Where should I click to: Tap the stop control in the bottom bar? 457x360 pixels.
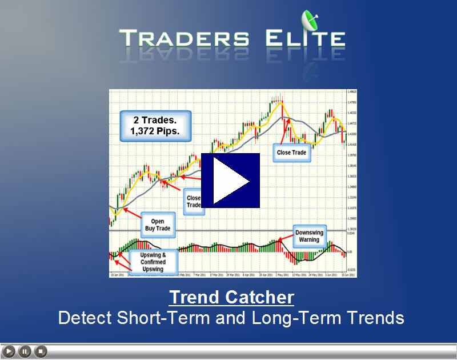pos(40,351)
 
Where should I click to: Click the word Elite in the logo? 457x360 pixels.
pos(304,39)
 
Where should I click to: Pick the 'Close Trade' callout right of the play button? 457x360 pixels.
pos(291,153)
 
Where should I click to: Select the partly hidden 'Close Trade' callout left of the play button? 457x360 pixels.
pos(194,202)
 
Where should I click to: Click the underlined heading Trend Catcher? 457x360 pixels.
pos(231,298)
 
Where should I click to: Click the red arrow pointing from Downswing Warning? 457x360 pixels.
pos(286,241)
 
